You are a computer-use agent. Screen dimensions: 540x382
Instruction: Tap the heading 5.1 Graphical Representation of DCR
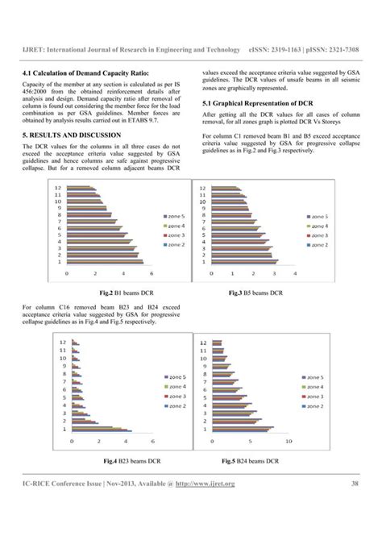pyautogui.click(x=257, y=104)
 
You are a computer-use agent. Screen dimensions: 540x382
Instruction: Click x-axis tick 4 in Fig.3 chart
pyautogui.click(x=294, y=274)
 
